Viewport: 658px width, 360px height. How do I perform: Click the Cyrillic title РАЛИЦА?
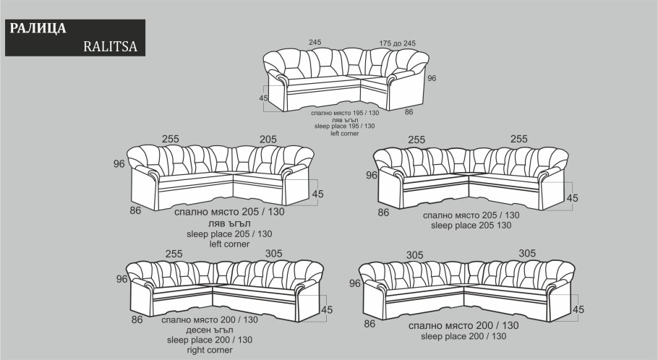38,28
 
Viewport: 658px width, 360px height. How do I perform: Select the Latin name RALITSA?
111,46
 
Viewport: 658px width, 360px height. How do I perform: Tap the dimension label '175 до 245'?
398,43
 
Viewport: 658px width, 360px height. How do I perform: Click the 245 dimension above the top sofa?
315,42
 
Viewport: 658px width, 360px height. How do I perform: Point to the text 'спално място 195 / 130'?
345,113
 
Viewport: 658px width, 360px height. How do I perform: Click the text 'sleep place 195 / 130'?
344,126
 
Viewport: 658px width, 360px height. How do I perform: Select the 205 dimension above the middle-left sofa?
268,140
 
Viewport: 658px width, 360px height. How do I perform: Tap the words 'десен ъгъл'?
210,330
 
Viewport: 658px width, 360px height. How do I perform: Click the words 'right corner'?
210,350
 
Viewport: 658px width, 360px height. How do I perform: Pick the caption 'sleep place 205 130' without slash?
471,226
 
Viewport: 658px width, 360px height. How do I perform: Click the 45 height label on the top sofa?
263,98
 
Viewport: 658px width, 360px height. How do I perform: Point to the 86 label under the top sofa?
409,112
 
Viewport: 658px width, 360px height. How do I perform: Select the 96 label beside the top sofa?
432,78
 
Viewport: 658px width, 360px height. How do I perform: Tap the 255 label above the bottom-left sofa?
174,254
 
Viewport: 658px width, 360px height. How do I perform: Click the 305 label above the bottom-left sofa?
273,254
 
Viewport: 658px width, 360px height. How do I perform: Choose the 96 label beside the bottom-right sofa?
355,283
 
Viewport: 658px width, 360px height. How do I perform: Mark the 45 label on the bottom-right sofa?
578,309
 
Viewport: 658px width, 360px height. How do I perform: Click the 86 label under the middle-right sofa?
383,213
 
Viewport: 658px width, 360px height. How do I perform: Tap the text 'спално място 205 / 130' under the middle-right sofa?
471,215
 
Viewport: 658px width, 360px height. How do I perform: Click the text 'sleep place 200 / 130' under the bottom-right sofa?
463,336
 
